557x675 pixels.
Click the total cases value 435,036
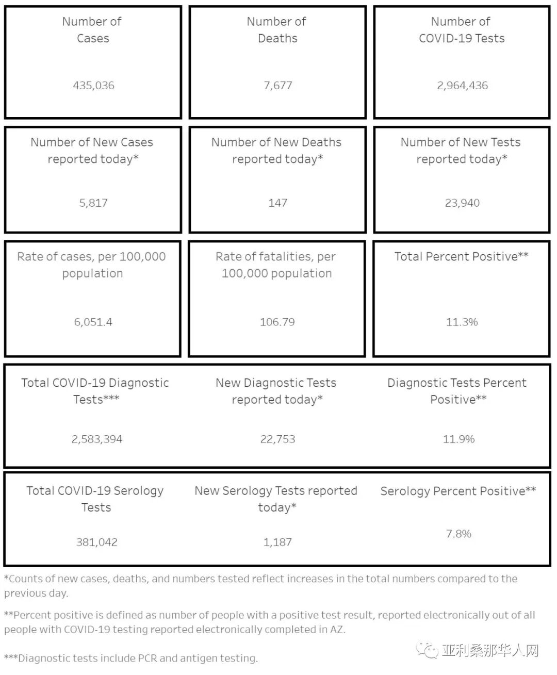click(x=93, y=86)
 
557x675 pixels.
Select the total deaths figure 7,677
click(x=277, y=86)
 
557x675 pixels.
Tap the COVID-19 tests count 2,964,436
click(x=462, y=86)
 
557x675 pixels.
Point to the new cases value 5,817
click(x=93, y=203)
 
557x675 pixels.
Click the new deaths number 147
click(x=277, y=203)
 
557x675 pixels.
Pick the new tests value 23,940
click(x=462, y=203)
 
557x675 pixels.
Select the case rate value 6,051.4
click(x=93, y=322)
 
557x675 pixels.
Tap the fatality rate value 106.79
click(x=277, y=322)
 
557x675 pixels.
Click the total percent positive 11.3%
click(x=462, y=322)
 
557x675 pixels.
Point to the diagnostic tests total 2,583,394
click(x=97, y=439)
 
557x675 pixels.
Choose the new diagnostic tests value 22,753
click(x=277, y=439)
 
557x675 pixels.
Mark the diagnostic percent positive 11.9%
click(x=458, y=439)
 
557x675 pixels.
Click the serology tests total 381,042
click(x=96, y=542)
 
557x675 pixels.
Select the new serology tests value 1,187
click(x=277, y=542)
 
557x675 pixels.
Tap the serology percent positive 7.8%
click(x=458, y=534)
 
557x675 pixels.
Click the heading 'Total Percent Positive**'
click(x=461, y=257)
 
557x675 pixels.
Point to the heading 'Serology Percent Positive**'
click(x=458, y=491)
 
